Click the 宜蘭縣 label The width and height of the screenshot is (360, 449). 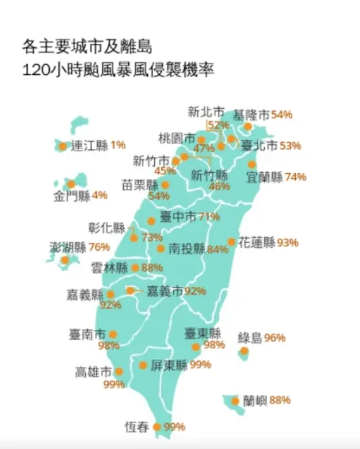tap(264, 177)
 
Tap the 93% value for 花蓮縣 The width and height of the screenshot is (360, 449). tap(287, 242)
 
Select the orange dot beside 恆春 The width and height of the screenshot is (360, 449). tap(158, 427)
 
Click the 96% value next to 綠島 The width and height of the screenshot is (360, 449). tap(274, 337)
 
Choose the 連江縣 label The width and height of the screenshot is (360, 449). tap(89, 145)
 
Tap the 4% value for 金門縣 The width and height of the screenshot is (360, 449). tap(99, 195)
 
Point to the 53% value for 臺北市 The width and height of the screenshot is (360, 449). tap(290, 146)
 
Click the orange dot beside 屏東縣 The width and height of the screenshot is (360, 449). tap(143, 365)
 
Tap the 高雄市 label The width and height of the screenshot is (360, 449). tap(93, 372)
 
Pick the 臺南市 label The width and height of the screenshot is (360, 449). tap(87, 334)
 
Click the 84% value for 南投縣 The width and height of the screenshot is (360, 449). tap(217, 250)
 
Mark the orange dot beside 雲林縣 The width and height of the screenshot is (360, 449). tap(135, 267)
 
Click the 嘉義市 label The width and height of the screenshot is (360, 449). tap(164, 291)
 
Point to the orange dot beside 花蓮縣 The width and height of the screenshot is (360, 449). tap(231, 242)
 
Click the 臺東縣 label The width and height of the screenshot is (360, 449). tap(202, 334)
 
